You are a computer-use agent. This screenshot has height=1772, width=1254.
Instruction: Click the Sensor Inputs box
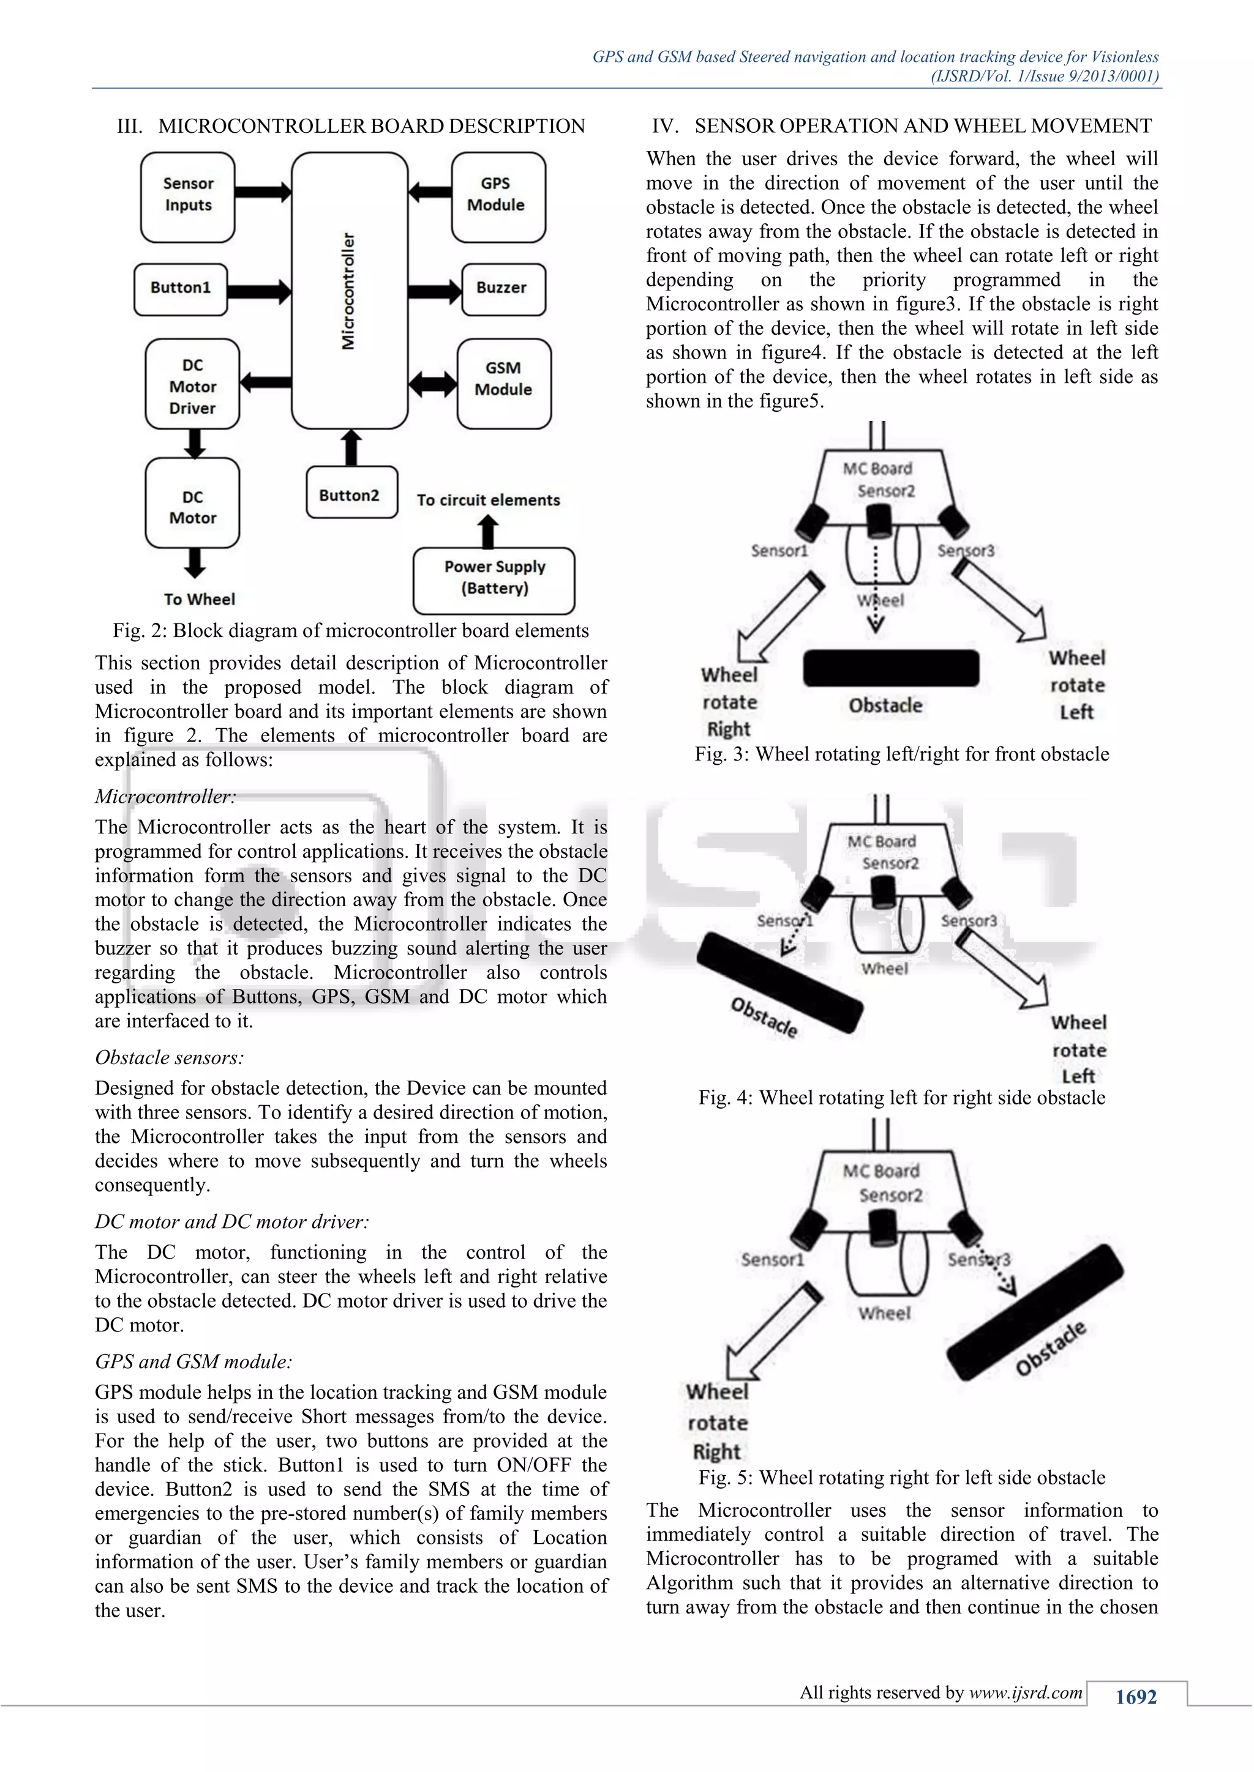[187, 197]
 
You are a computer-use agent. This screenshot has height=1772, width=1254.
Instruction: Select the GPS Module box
[498, 197]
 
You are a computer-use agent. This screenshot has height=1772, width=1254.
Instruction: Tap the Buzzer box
[503, 289]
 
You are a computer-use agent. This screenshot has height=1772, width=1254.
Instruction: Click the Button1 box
[181, 289]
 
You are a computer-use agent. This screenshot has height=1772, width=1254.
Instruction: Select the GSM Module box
[503, 383]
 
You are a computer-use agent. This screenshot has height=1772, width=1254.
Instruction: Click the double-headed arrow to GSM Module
[432, 383]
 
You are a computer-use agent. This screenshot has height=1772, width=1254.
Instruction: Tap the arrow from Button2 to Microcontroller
[351, 448]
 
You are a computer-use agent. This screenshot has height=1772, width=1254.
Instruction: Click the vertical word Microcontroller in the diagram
[349, 291]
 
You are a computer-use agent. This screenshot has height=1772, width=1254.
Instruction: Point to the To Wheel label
[199, 599]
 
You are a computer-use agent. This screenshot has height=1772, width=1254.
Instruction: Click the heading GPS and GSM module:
[193, 1361]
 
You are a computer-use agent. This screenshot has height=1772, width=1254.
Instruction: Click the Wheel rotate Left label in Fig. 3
[1076, 685]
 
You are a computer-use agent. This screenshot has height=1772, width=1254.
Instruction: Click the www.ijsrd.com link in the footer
[1026, 1692]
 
